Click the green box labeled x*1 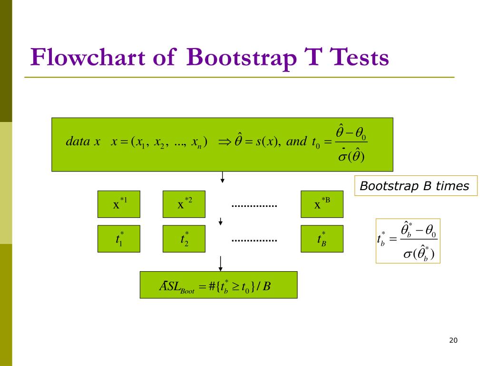click(118, 204)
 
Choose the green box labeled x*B click(321, 204)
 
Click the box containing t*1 click(118, 238)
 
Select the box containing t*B click(321, 238)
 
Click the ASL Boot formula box click(218, 285)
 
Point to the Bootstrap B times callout click(414, 186)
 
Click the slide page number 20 click(452, 340)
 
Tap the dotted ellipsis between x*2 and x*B click(254, 206)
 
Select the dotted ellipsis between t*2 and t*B click(254, 240)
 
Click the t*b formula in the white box click(408, 241)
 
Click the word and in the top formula click(297, 142)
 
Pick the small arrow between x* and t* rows click(221, 222)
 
